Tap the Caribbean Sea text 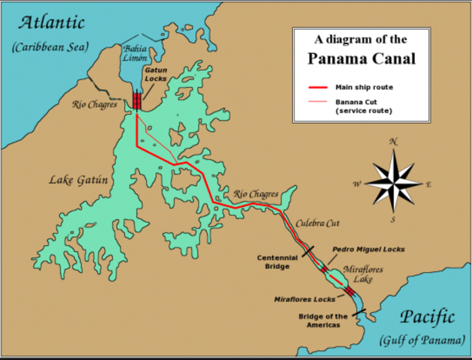click(x=50, y=47)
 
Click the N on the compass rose click(x=393, y=140)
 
